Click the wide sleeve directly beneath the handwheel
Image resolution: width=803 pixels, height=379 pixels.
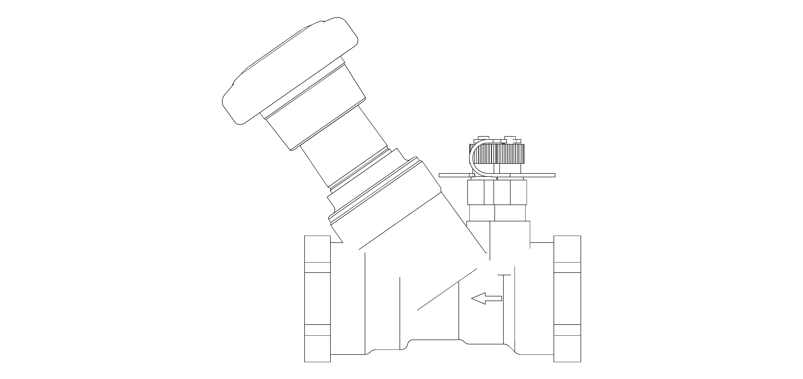pos(312,107)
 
